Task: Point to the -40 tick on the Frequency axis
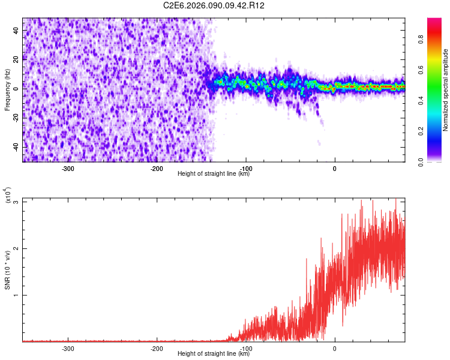(16, 147)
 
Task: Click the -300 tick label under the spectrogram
(68, 169)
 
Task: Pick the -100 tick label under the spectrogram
(245, 169)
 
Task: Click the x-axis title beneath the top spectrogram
(214, 174)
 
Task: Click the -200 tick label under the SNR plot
(157, 349)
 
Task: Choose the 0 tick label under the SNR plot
(334, 349)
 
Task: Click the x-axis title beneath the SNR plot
(214, 354)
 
